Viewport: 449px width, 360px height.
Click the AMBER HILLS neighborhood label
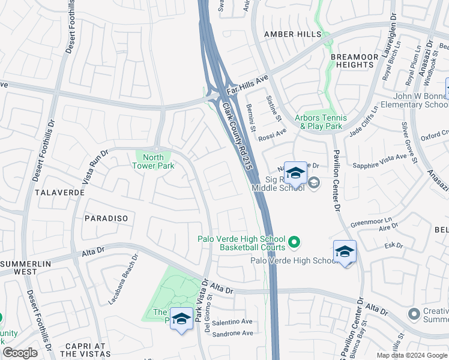click(292, 34)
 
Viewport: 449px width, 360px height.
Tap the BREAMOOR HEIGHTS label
click(355, 61)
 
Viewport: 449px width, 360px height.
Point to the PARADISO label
click(106, 218)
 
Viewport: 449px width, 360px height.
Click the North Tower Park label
click(153, 162)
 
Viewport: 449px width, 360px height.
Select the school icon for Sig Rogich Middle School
click(295, 173)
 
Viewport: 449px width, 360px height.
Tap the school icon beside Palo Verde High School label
click(345, 251)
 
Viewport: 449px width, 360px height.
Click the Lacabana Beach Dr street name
click(123, 280)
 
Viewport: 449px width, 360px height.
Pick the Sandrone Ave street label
click(232, 333)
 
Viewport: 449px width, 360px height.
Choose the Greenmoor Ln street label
click(371, 221)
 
